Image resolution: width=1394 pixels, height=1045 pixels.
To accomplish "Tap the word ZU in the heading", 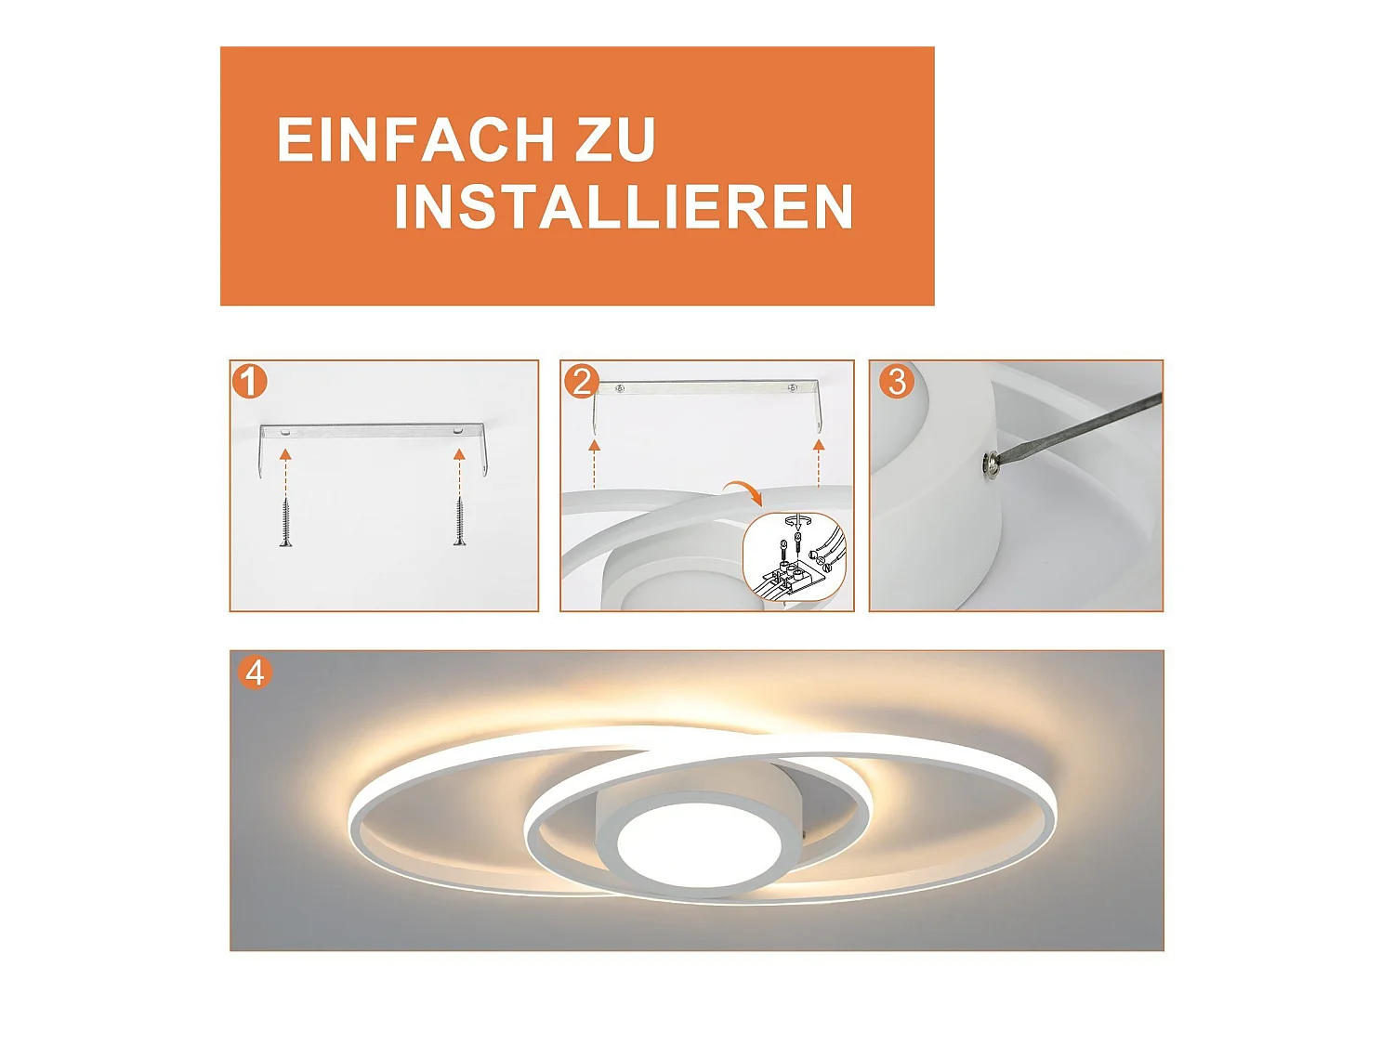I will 615,140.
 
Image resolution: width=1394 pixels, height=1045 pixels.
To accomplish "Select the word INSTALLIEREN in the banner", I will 624,206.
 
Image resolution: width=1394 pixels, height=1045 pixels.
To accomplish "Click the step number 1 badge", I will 250,381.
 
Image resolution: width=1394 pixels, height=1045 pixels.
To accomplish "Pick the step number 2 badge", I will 582,381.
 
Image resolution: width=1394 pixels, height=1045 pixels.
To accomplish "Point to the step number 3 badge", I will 896,381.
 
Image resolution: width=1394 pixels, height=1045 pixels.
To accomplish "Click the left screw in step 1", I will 285,521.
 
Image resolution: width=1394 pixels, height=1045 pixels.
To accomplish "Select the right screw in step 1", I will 458,521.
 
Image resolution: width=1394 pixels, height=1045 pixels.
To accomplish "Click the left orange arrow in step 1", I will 285,454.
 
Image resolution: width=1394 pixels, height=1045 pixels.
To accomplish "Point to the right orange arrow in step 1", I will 458,454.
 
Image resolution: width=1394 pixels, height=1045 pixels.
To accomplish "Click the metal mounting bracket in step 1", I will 372,432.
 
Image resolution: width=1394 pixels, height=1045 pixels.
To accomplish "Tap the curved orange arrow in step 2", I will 744,491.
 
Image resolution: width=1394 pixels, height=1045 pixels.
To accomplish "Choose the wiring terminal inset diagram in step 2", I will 795,557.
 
